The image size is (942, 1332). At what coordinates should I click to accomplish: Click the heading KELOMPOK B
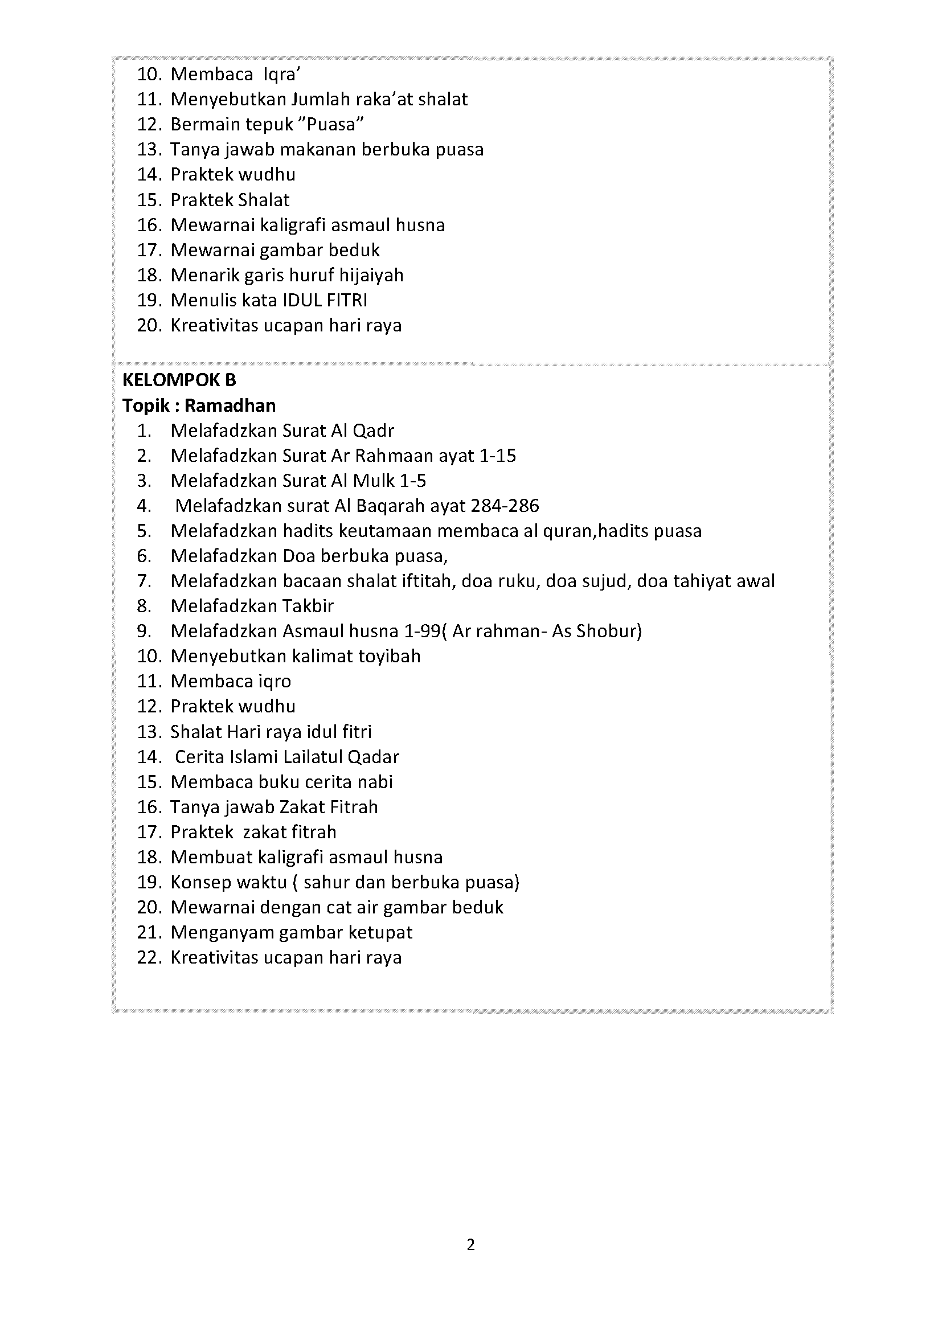(179, 380)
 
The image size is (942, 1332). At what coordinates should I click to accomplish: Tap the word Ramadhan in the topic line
(230, 405)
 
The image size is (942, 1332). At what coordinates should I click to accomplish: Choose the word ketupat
(380, 932)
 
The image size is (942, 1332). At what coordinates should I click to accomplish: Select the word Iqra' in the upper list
(282, 74)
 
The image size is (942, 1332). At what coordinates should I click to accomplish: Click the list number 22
(148, 957)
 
